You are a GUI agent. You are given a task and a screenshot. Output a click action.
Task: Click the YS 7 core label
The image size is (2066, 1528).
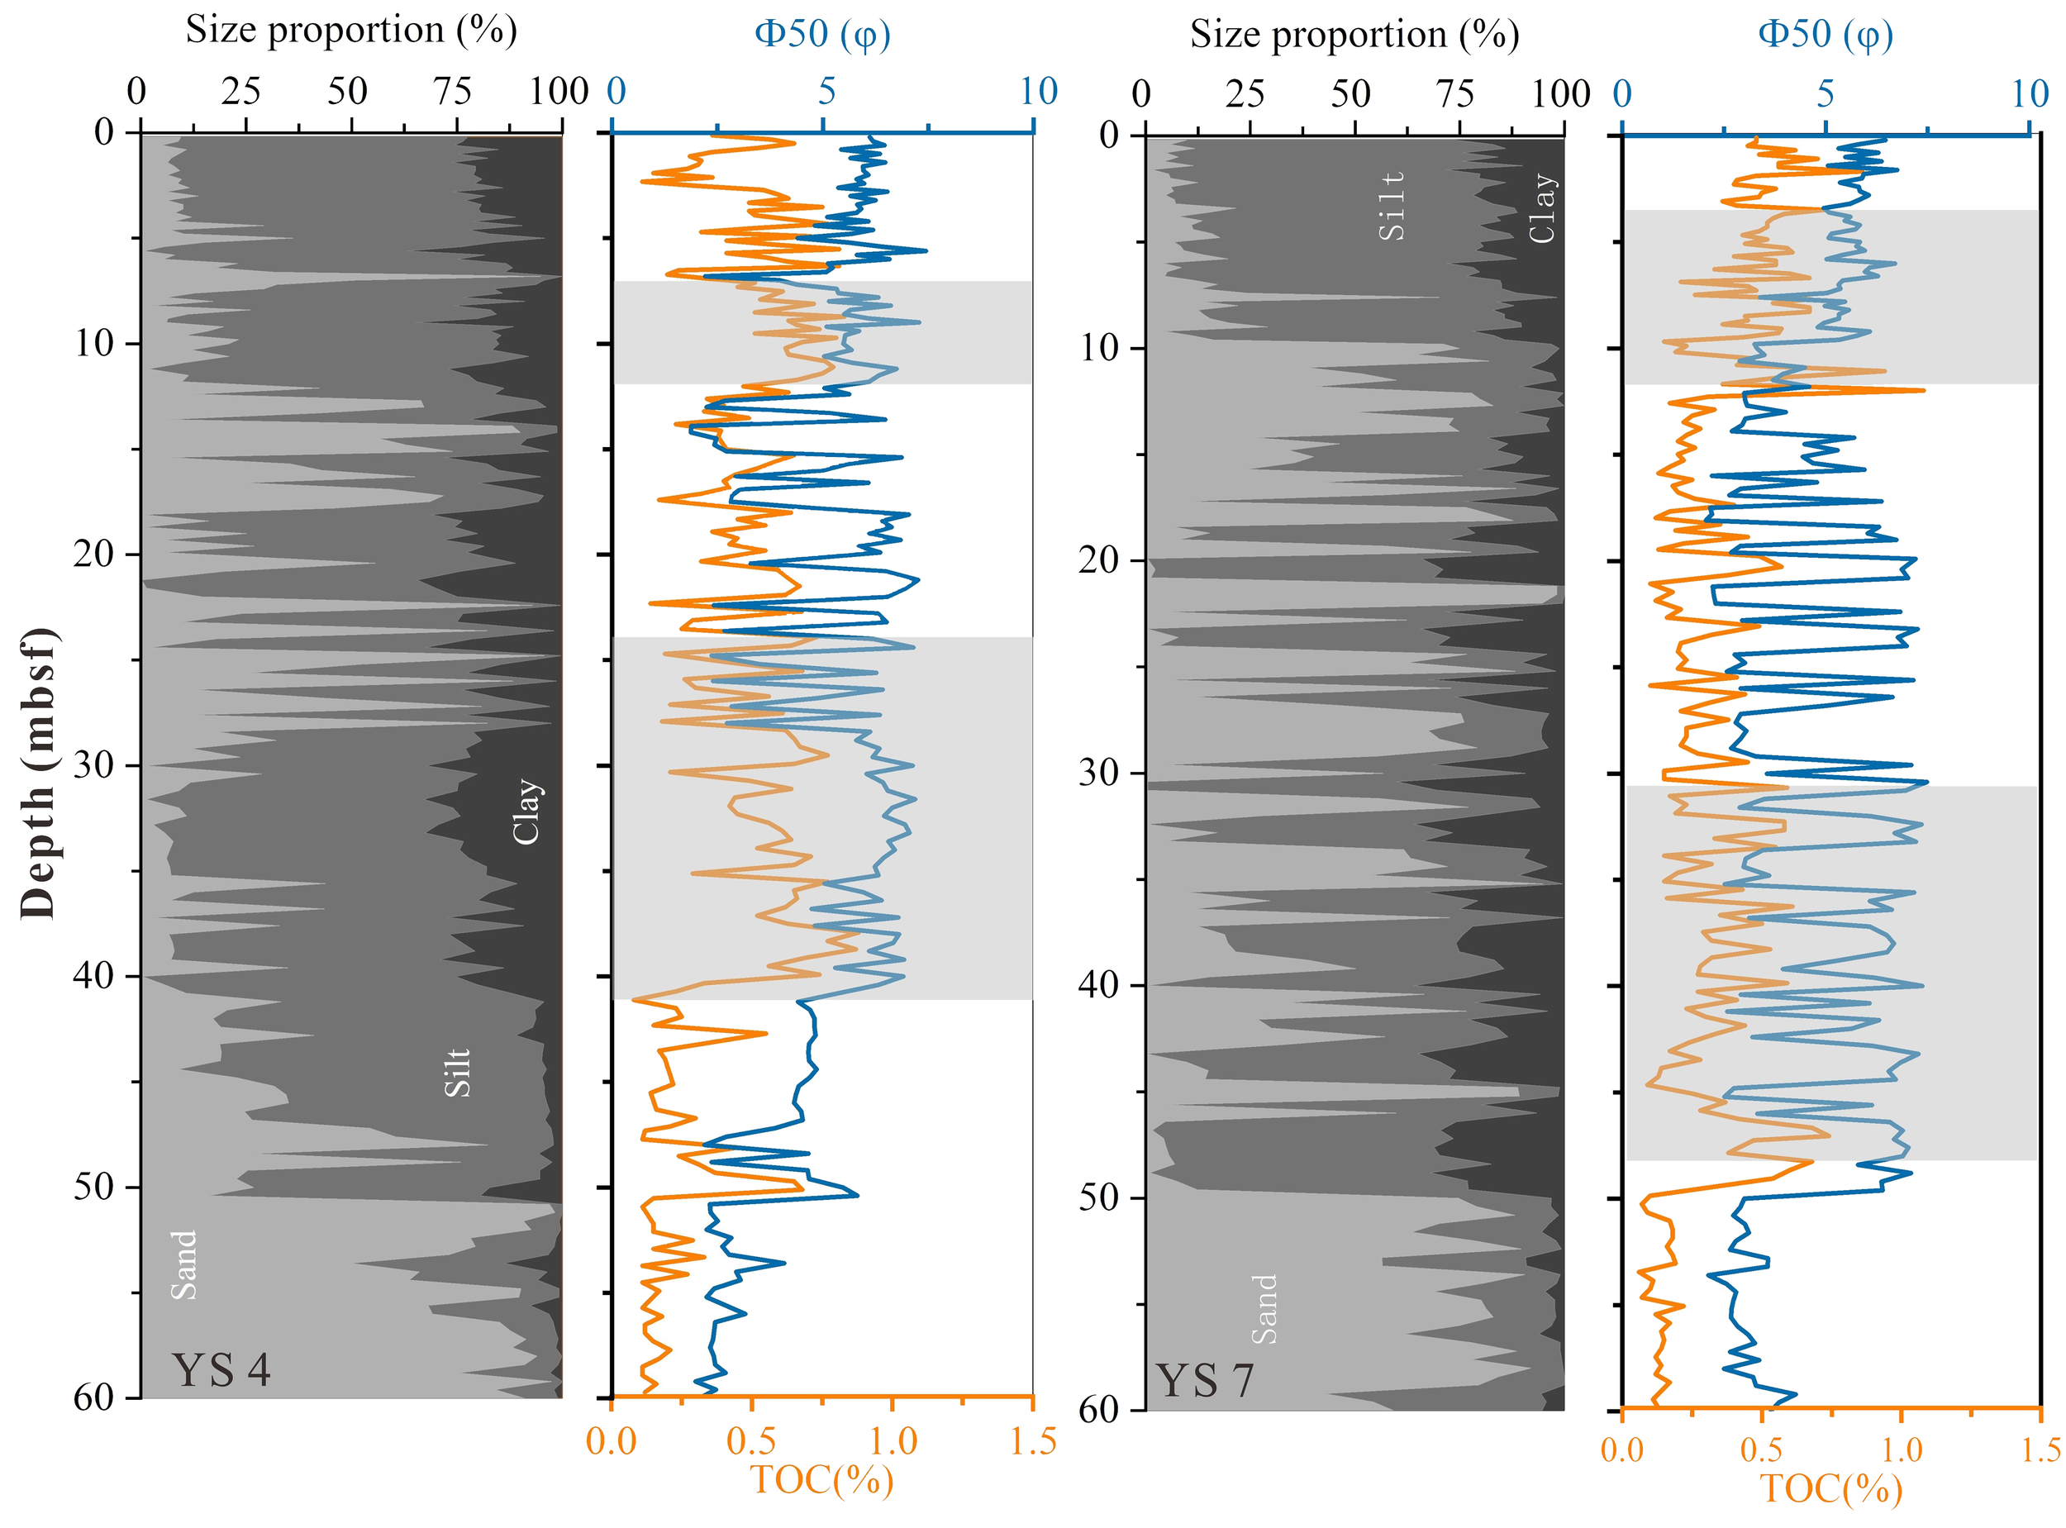[x=1206, y=1381]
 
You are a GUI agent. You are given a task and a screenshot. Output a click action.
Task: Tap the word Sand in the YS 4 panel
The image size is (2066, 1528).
[x=184, y=1264]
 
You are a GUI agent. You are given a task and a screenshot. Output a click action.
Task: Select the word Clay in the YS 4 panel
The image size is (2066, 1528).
[x=526, y=812]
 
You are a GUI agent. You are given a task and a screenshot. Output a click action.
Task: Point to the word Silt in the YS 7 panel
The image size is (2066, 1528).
[x=1391, y=205]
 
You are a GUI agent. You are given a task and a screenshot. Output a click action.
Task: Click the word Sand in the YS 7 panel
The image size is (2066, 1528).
[x=1264, y=1309]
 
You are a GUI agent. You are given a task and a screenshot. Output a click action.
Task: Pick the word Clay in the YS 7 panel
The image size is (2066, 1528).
[x=1541, y=208]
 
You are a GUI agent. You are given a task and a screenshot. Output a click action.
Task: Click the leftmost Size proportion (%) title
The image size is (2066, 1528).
[x=350, y=30]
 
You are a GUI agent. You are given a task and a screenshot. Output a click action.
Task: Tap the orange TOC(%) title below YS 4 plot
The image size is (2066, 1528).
[x=821, y=1480]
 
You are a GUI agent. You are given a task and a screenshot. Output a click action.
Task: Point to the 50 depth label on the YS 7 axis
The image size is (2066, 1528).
[x=1101, y=1197]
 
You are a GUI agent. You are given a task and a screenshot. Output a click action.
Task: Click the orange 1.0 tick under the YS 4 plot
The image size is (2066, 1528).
[x=892, y=1441]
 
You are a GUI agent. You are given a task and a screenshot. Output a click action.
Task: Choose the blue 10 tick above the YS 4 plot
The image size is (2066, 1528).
[x=1038, y=92]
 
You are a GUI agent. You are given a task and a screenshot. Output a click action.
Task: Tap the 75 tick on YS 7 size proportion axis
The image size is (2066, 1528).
[x=1454, y=93]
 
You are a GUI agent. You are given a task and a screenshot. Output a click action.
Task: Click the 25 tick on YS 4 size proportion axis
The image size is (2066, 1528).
[x=240, y=92]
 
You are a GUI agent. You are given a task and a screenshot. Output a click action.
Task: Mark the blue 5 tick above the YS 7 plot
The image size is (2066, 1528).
[x=1825, y=93]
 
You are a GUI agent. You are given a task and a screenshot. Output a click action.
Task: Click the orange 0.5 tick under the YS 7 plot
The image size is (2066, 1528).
[x=1761, y=1449]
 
